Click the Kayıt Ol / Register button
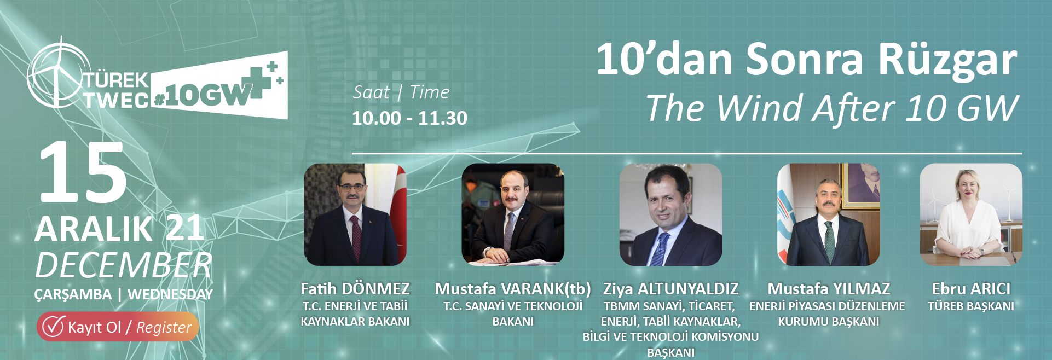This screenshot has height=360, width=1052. pyautogui.click(x=118, y=327)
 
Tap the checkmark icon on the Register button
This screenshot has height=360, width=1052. pyautogui.click(x=54, y=326)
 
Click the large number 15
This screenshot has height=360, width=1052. pyautogui.click(x=82, y=172)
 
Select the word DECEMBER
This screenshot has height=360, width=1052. pyautogui.click(x=124, y=266)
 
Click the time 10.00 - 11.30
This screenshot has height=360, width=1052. pyautogui.click(x=409, y=118)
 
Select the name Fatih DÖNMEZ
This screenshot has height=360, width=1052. pyautogui.click(x=355, y=289)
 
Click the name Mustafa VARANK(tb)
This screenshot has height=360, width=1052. pyautogui.click(x=513, y=289)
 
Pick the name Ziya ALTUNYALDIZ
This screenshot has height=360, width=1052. pyautogui.click(x=670, y=289)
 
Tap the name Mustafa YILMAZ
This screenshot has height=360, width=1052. pyautogui.click(x=829, y=289)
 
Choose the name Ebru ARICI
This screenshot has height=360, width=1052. pyautogui.click(x=971, y=289)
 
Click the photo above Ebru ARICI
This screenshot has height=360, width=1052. pyautogui.click(x=971, y=214)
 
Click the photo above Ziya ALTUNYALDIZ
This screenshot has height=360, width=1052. pyautogui.click(x=670, y=214)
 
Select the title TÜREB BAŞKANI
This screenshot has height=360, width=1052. pyautogui.click(x=971, y=306)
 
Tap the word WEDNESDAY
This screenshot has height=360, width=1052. pyautogui.click(x=170, y=294)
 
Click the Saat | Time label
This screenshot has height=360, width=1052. pyautogui.click(x=401, y=92)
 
